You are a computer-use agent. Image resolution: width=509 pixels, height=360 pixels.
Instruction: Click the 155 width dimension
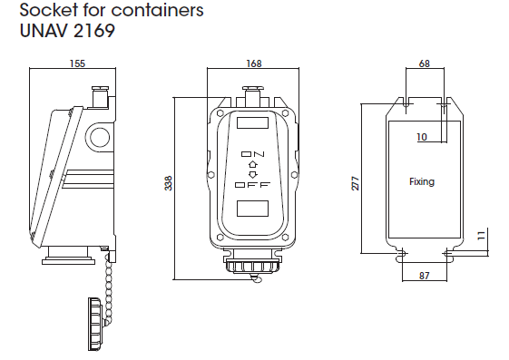[77, 63]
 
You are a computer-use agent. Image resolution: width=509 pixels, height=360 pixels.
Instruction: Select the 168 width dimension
[254, 63]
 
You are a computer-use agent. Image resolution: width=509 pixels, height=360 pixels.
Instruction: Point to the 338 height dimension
[168, 183]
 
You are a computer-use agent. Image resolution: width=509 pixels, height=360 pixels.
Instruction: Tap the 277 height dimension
[356, 183]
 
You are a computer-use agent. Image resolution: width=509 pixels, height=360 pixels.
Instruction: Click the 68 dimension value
[425, 63]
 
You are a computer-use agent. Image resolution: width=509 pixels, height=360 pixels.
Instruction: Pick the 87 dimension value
[425, 276]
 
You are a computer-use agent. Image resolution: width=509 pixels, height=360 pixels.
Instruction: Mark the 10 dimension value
[422, 137]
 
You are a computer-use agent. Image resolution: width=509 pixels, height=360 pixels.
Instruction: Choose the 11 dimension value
[482, 235]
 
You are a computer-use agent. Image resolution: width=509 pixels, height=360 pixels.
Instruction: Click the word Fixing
[422, 181]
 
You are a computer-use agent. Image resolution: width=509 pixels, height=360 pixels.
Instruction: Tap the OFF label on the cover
[252, 185]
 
